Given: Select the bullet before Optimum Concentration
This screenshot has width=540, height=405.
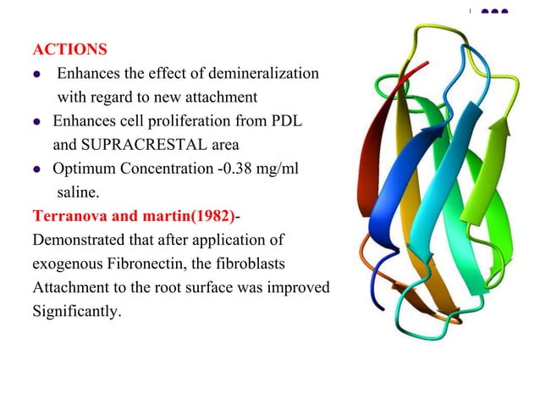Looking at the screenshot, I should tap(38, 172).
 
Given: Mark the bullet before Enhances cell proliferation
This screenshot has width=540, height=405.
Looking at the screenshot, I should tap(38, 123).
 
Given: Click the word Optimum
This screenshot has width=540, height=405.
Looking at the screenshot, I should tap(83, 172).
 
